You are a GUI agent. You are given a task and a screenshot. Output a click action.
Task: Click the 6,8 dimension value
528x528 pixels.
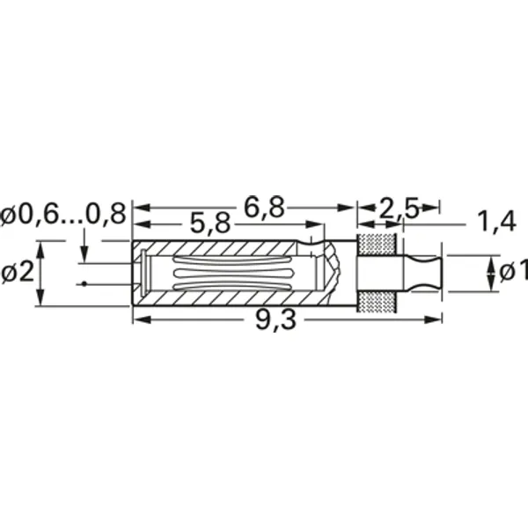point(263,208)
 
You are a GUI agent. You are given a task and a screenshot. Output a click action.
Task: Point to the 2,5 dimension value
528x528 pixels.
point(398,209)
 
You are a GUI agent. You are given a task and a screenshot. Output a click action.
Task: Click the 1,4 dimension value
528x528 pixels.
point(495,222)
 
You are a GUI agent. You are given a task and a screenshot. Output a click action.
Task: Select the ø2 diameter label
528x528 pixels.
point(17,273)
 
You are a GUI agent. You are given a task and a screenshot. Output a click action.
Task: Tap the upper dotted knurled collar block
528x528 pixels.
point(378,245)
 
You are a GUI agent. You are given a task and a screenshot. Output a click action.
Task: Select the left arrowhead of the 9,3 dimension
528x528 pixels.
point(138,319)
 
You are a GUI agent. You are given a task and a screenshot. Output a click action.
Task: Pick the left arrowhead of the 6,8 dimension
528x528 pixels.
point(138,209)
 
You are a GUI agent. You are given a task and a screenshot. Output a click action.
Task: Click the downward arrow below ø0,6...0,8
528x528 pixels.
point(84,254)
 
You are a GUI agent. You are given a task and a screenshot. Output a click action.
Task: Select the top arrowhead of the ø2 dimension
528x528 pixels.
point(40,246)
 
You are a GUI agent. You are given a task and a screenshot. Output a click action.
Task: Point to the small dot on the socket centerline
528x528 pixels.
point(82,283)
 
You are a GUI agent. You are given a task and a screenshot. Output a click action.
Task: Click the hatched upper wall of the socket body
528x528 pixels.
point(220,247)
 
